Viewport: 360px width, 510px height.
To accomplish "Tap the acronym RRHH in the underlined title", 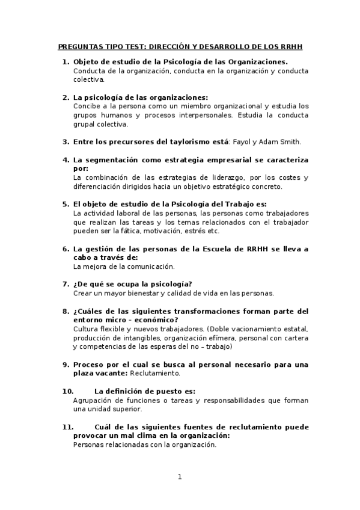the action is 289,46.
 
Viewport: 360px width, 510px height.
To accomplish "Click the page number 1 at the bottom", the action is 179,477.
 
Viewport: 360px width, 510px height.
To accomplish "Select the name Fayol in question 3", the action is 242,142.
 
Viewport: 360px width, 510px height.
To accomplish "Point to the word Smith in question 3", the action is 290,142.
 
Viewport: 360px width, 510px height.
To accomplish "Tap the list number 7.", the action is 66,284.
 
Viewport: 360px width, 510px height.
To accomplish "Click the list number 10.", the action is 67,391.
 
